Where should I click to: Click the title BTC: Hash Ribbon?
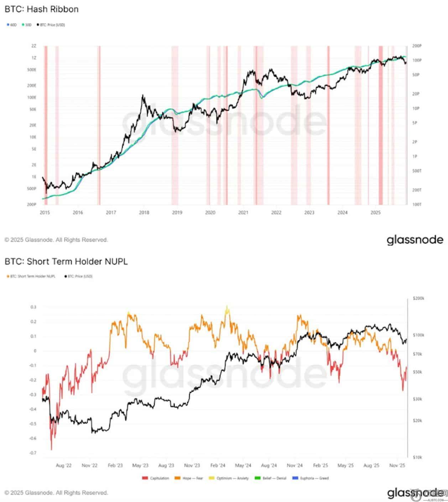[x=41, y=9]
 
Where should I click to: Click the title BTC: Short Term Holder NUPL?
[x=66, y=261]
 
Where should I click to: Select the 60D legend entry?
[x=12, y=25]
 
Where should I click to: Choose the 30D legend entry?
[x=27, y=25]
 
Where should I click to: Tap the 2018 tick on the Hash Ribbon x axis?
[x=144, y=213]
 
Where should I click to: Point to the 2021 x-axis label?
[x=243, y=213]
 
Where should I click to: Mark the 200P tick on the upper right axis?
[x=417, y=46]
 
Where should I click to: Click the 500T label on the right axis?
[x=417, y=171]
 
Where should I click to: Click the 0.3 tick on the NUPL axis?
[x=33, y=307]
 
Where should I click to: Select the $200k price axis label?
[x=418, y=298]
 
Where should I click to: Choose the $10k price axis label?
[x=417, y=457]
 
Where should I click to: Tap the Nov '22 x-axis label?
[x=90, y=465]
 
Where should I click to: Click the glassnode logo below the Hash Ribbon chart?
[x=415, y=240]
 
